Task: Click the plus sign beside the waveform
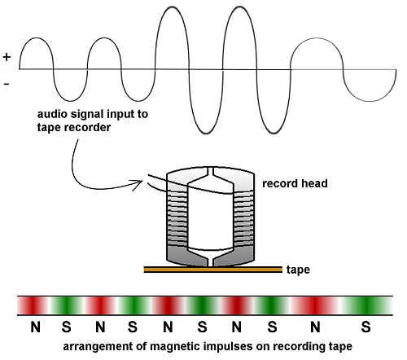click(x=7, y=57)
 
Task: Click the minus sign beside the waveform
click(x=7, y=84)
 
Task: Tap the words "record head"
click(x=295, y=183)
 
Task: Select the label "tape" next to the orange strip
click(x=298, y=270)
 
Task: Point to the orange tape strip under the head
click(x=213, y=270)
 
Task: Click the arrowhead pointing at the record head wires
click(x=138, y=184)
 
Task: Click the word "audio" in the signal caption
click(x=51, y=114)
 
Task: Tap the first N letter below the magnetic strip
click(x=35, y=327)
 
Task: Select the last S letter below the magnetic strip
click(x=365, y=327)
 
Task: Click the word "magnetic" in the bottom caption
click(x=174, y=347)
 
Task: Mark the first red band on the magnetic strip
click(x=32, y=305)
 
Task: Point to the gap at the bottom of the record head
click(x=210, y=260)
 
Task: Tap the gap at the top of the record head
click(x=210, y=172)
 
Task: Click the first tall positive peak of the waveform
click(x=172, y=7)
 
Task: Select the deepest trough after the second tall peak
click(x=274, y=134)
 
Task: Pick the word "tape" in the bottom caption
click(x=340, y=348)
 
